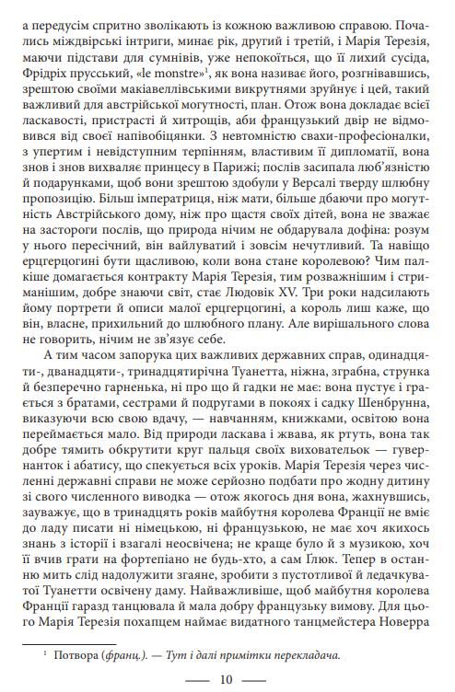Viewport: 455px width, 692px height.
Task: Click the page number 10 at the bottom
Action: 227,680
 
